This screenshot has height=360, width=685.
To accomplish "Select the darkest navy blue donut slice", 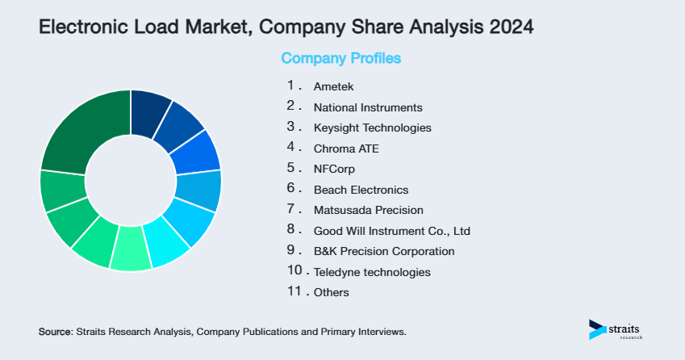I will [x=151, y=106].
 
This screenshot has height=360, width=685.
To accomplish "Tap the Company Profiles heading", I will [x=340, y=58].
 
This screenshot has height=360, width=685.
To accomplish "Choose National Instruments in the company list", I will [x=367, y=107].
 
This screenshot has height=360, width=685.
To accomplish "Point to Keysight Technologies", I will [x=372, y=128].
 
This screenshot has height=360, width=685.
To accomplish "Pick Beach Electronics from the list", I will [x=361, y=190].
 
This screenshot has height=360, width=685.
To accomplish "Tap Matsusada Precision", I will [x=368, y=210].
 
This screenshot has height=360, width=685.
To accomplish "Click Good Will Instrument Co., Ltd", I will [x=391, y=231].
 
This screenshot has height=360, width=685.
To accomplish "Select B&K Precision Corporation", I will [x=384, y=251].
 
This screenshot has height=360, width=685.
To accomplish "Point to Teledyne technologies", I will [x=372, y=272].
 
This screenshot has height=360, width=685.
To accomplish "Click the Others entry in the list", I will [x=331, y=292].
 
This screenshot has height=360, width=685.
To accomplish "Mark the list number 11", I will [x=294, y=291].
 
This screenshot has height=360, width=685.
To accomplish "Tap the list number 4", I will [x=291, y=148].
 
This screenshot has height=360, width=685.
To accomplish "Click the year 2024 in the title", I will [x=511, y=27].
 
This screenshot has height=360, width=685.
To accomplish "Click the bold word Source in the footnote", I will [x=55, y=332].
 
